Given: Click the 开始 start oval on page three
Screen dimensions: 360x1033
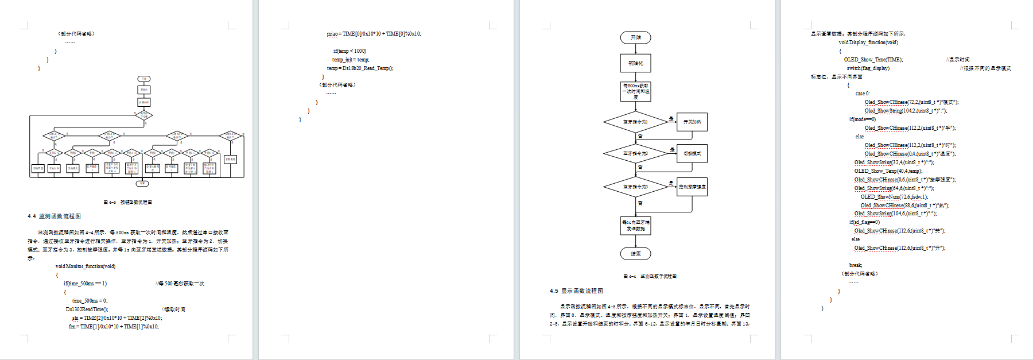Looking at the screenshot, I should (635, 38).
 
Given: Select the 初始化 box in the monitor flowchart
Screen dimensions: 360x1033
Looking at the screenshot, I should (635, 63).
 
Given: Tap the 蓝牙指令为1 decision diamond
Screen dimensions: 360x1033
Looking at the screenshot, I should (635, 122).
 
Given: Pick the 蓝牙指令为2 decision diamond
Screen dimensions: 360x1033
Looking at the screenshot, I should (635, 154).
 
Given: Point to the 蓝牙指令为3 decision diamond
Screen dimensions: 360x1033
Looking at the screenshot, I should (635, 187).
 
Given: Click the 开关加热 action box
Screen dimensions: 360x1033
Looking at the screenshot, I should (692, 122).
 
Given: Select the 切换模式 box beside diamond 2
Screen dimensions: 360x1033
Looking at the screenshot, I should (692, 154).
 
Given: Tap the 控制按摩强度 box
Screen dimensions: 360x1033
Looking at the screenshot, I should (692, 187).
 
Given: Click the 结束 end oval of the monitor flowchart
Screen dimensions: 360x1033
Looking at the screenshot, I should (635, 254).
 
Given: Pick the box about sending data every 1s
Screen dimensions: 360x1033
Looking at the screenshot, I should (635, 225).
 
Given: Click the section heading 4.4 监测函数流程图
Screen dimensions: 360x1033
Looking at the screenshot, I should (54, 216).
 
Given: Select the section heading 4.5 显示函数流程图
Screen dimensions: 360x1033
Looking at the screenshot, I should (576, 291).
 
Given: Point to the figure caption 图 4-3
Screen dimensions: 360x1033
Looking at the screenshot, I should (127, 202).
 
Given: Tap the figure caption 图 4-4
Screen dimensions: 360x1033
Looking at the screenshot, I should (650, 276).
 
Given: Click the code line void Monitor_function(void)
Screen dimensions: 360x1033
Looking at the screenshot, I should (86, 266).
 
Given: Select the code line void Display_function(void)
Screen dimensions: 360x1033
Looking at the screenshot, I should (868, 42).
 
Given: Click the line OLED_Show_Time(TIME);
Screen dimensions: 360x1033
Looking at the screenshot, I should (873, 60).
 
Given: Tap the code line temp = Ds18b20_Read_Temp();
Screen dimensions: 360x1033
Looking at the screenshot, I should (360, 68).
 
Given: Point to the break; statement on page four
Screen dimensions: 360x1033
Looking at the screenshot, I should (856, 265).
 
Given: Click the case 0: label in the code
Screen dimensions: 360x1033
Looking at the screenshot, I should (863, 94).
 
